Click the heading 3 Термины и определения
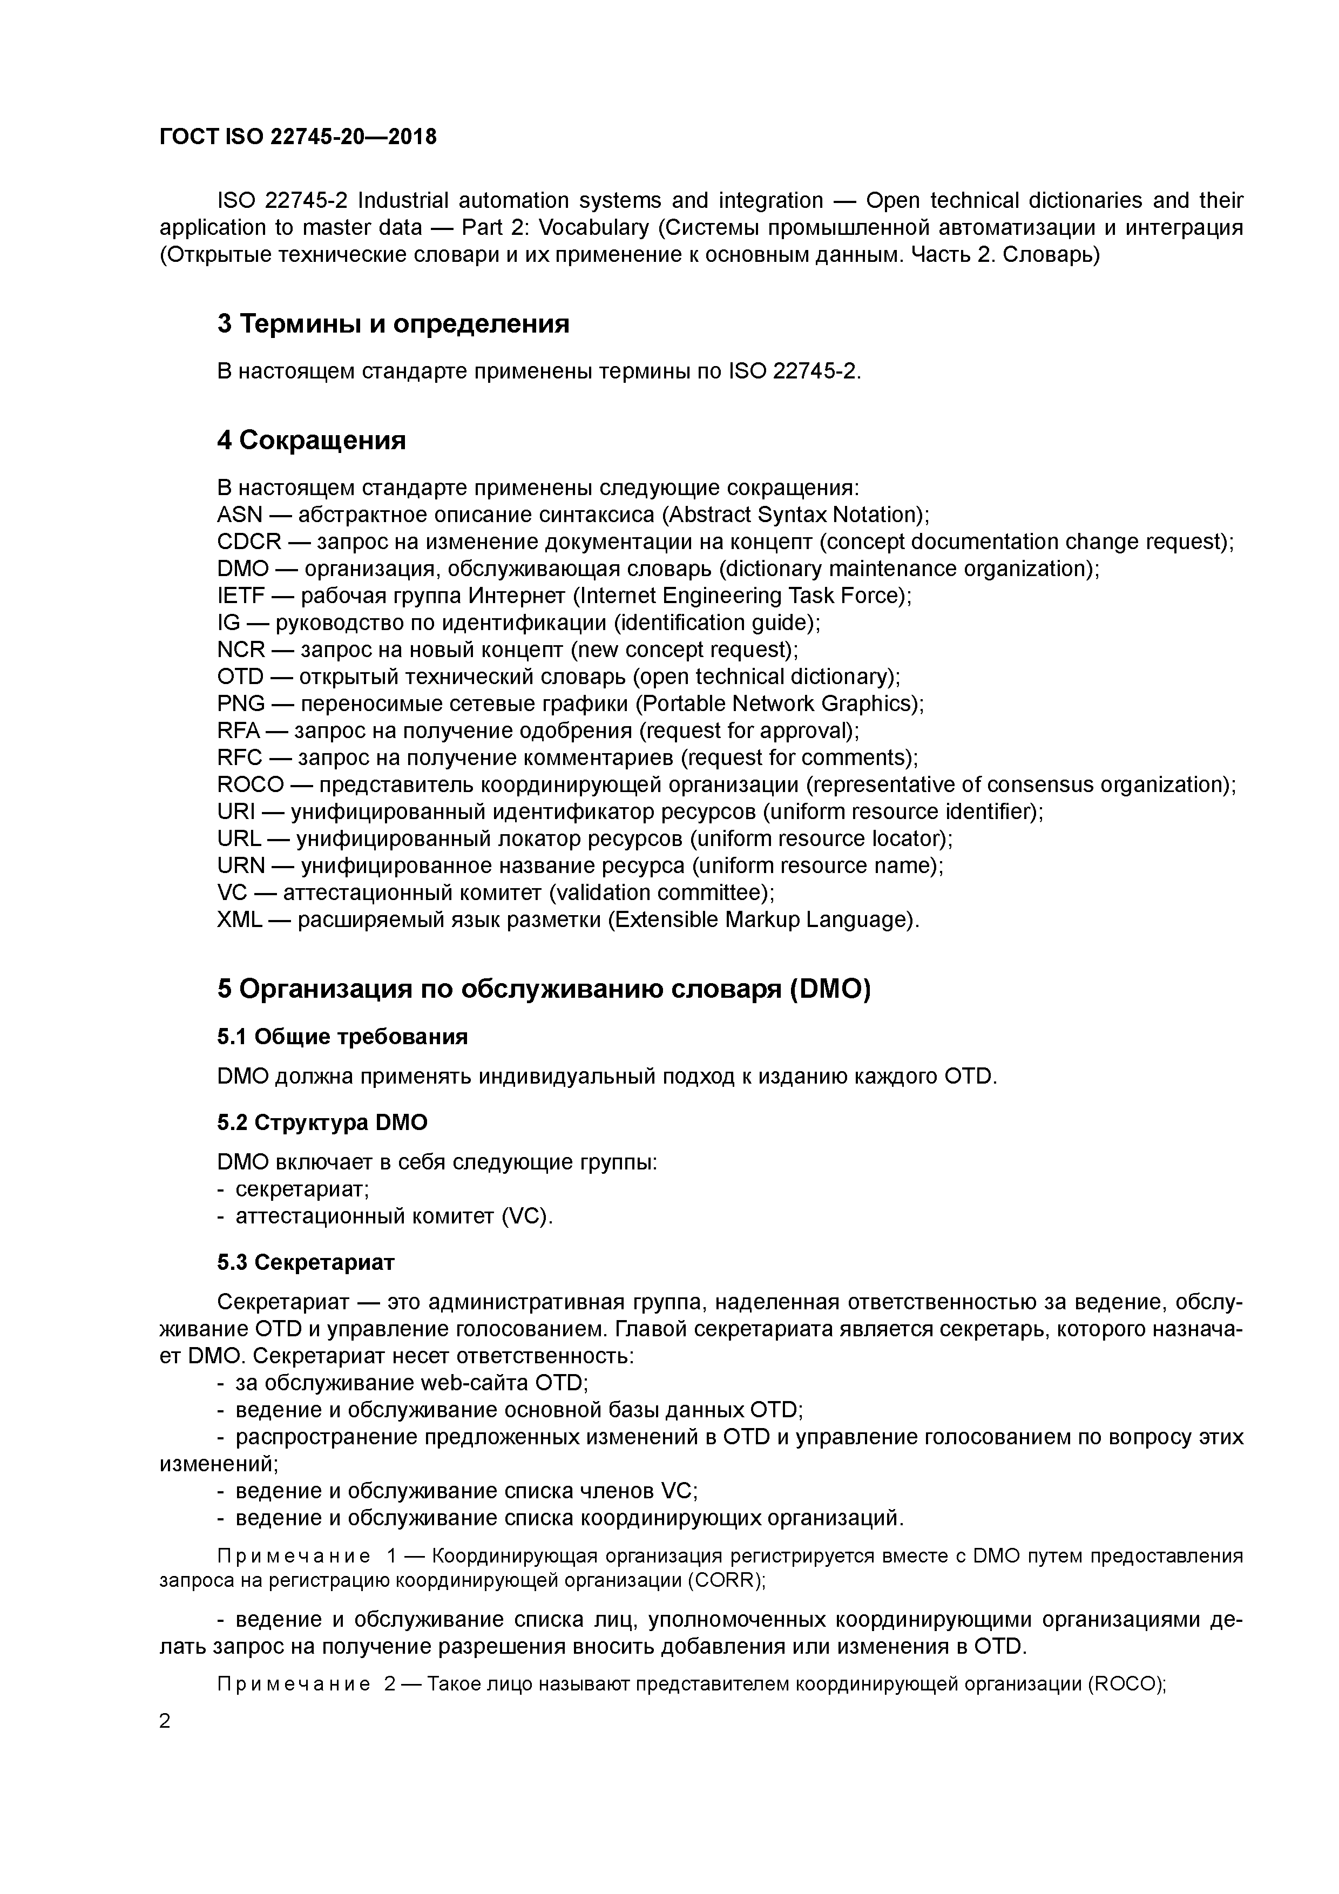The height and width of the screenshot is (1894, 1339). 393,324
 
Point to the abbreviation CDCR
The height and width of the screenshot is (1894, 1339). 249,543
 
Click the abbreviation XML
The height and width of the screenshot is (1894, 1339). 239,921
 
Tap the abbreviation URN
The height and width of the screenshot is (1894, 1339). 241,866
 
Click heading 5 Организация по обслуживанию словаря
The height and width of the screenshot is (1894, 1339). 544,989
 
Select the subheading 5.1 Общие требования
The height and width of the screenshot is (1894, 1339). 342,1037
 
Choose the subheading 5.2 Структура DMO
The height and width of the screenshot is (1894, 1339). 322,1122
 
